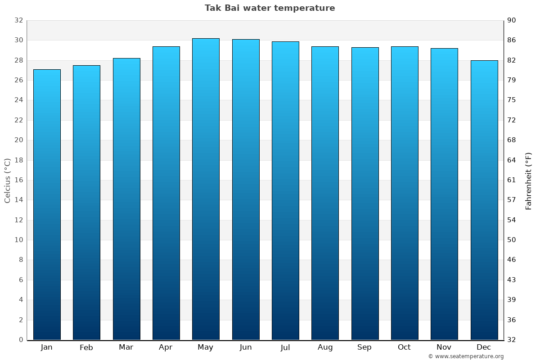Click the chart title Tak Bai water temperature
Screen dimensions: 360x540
(x=270, y=8)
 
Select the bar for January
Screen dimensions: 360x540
(x=47, y=205)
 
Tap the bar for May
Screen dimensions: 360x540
(x=206, y=189)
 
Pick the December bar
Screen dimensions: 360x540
(x=484, y=200)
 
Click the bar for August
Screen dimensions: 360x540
(x=325, y=193)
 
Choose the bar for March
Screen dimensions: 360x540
(x=126, y=199)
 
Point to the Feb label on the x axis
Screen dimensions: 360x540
(x=86, y=347)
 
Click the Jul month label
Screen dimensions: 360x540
(x=285, y=347)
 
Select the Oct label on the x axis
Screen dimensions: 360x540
(x=404, y=347)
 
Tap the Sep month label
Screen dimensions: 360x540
(x=364, y=347)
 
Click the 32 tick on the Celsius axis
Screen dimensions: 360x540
(x=18, y=21)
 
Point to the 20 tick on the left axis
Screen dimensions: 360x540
(x=18, y=140)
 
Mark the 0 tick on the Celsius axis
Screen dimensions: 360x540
(x=21, y=340)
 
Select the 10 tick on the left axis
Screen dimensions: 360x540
(x=18, y=240)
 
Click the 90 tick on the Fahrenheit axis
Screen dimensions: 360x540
(x=512, y=21)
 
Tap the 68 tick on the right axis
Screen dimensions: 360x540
(x=512, y=140)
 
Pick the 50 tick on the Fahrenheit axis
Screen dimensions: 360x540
(x=512, y=240)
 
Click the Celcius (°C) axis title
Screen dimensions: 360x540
(x=7, y=180)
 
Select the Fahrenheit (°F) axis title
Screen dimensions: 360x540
(x=528, y=180)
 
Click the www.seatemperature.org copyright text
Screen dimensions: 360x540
(x=465, y=356)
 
